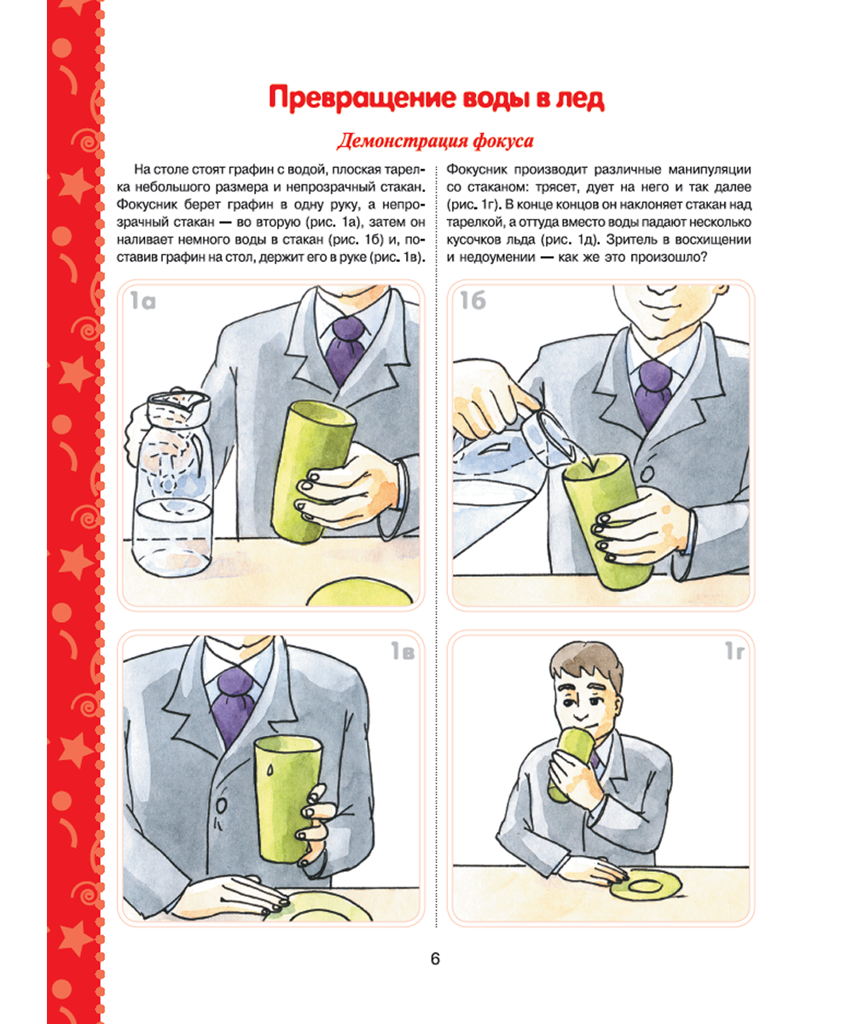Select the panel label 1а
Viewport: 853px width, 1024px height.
pos(142,300)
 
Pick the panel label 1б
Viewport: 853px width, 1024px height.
pos(473,300)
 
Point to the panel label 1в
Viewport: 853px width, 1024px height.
pos(403,651)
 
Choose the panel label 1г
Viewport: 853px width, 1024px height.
pos(734,651)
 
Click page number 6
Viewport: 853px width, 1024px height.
pos(435,958)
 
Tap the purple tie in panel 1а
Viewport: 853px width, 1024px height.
pos(346,349)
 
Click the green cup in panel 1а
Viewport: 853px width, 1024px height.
pos(313,472)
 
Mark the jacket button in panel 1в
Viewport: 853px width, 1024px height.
pos(221,806)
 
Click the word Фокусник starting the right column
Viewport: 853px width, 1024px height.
pos(477,170)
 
